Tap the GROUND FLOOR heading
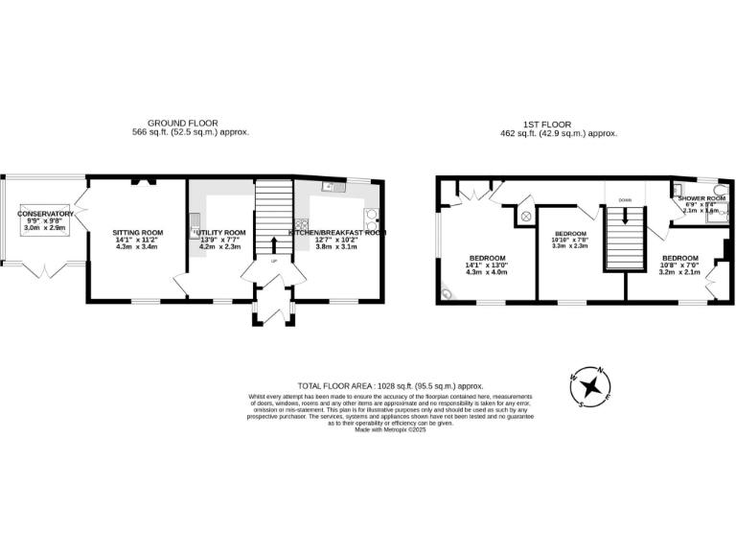190,123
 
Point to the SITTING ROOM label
138,233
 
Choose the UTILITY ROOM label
221,233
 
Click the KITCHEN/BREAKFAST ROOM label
337,233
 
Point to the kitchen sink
328,187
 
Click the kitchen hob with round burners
370,216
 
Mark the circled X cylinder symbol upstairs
525,216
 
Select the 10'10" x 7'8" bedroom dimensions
570,240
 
